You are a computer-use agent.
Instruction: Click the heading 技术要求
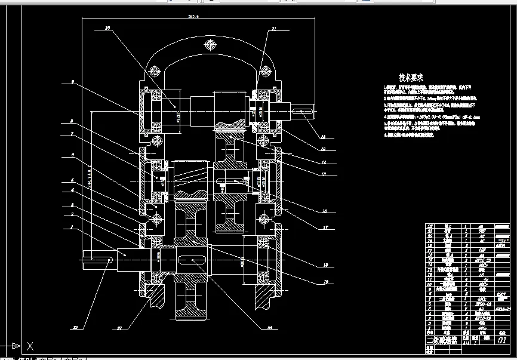pyautogui.click(x=411, y=78)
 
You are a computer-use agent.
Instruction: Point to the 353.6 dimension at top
pyautogui.click(x=192, y=17)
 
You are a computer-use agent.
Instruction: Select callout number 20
pyautogui.click(x=107, y=28)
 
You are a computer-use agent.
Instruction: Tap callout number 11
pyautogui.click(x=273, y=28)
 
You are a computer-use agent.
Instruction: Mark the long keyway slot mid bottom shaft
pyautogui.click(x=192, y=260)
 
